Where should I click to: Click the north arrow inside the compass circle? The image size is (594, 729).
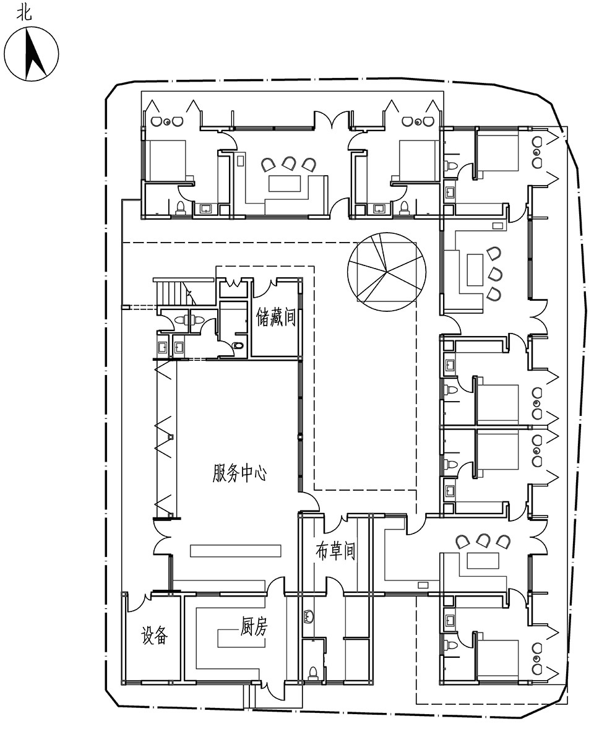click(33, 53)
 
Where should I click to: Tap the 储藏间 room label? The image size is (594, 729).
click(275, 317)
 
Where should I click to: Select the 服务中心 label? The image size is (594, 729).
click(240, 473)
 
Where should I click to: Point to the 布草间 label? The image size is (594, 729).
click(335, 551)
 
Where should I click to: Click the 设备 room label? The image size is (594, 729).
click(154, 635)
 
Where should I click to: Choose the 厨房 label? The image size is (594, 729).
click(254, 626)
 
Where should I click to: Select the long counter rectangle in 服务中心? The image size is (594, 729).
click(236, 551)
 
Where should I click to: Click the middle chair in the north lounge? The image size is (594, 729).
click(288, 164)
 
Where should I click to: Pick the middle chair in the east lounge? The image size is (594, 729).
click(495, 274)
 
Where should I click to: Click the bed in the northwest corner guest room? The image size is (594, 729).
click(167, 160)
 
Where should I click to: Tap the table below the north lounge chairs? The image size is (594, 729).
click(285, 183)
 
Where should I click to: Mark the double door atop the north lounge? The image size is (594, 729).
click(332, 120)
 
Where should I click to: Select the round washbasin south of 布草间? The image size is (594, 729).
click(309, 616)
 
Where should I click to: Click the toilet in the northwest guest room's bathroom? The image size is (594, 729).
click(181, 207)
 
